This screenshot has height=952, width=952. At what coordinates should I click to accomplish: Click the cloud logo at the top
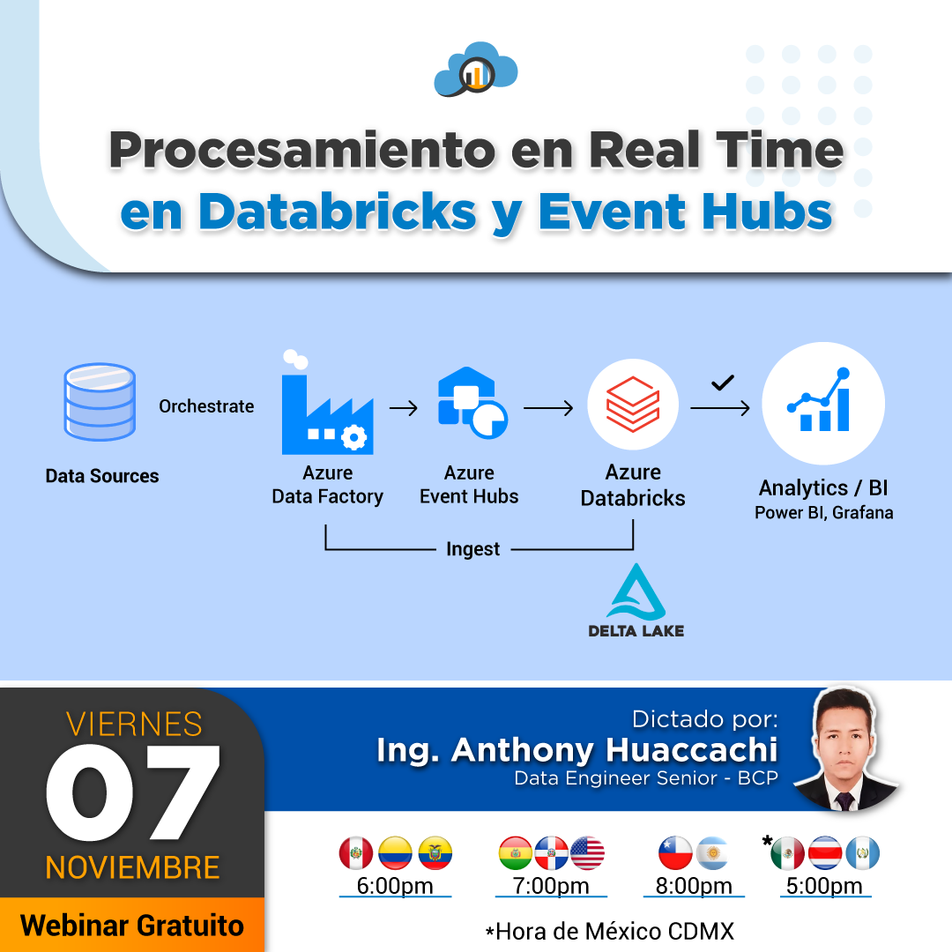[476, 70]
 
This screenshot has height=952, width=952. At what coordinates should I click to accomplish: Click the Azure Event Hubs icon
[472, 402]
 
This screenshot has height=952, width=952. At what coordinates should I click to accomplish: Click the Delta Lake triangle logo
[636, 592]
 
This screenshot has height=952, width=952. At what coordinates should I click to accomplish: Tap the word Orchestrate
[206, 406]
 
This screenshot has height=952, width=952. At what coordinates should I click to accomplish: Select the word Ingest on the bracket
[472, 549]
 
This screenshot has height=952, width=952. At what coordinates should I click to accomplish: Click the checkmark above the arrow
[723, 383]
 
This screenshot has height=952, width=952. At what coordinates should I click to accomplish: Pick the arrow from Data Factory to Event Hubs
[403, 408]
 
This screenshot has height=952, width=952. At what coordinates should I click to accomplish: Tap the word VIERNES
[134, 724]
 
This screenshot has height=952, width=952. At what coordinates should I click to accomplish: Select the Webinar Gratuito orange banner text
[132, 926]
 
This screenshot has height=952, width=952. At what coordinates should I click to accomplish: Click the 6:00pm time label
[395, 886]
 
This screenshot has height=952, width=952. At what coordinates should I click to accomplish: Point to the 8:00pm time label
[694, 886]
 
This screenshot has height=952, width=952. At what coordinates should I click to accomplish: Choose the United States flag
[587, 853]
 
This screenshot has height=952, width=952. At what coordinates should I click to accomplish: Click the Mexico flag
[787, 853]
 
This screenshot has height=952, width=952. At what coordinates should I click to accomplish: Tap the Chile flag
[675, 853]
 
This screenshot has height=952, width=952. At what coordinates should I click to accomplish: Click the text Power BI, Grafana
[823, 512]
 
